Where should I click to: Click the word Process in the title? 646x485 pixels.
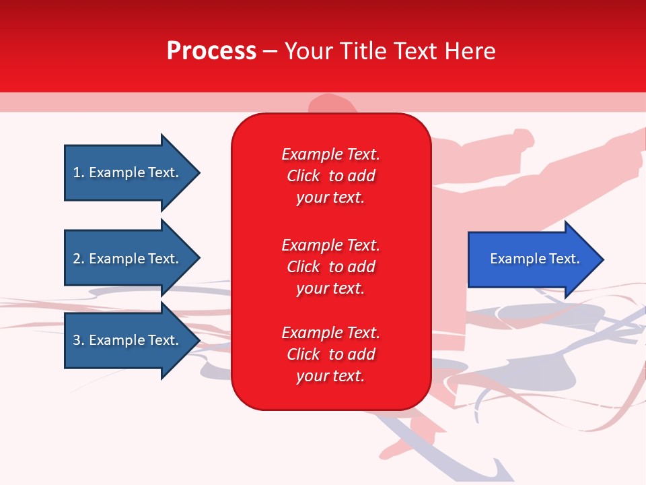pos(211,51)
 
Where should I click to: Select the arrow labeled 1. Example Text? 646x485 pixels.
pos(128,172)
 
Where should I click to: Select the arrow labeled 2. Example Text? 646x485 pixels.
pos(128,259)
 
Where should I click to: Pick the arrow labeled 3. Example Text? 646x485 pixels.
pos(128,340)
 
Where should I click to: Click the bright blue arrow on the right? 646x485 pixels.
pos(532,259)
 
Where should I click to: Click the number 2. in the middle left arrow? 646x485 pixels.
pos(79,259)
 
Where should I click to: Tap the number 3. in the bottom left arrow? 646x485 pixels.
pos(79,340)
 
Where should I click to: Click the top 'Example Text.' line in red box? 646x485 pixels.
pos(330,154)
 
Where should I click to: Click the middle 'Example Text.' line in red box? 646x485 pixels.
pos(330,245)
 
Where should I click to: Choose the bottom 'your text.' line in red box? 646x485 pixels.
pos(330,377)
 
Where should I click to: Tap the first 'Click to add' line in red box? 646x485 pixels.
pos(330,176)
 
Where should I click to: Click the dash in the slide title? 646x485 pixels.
pos(270,52)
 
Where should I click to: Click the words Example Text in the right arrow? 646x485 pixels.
pos(534,259)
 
